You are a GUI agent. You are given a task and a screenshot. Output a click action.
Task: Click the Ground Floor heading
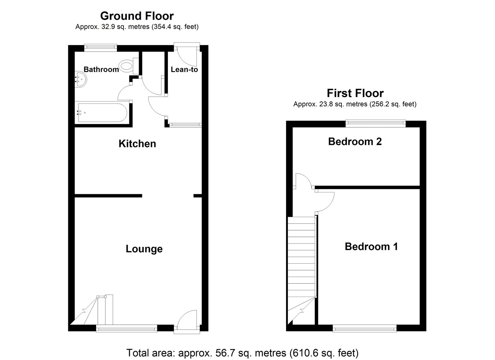137,16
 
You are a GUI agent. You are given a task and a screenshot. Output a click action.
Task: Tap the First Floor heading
355,93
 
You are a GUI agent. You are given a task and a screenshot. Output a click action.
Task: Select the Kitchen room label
137,143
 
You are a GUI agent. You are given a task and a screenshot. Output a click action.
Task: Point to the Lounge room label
144,249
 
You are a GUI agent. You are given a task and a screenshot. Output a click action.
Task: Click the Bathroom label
101,69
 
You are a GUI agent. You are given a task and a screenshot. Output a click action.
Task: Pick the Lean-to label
184,69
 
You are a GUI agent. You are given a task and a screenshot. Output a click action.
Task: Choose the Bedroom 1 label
371,246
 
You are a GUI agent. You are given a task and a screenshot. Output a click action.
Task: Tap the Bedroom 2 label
355,141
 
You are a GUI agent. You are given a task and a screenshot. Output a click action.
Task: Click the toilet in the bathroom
126,66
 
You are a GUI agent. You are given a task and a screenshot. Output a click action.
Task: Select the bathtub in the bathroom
102,113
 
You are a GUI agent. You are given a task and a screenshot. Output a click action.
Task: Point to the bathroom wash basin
81,79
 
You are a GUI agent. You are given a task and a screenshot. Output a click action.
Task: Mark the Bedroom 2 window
375,124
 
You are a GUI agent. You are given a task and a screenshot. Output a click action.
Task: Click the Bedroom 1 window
364,328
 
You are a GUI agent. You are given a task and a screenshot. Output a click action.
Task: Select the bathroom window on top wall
100,47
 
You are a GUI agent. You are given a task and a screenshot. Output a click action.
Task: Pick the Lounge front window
126,328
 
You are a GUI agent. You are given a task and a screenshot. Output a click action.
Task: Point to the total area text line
242,353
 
